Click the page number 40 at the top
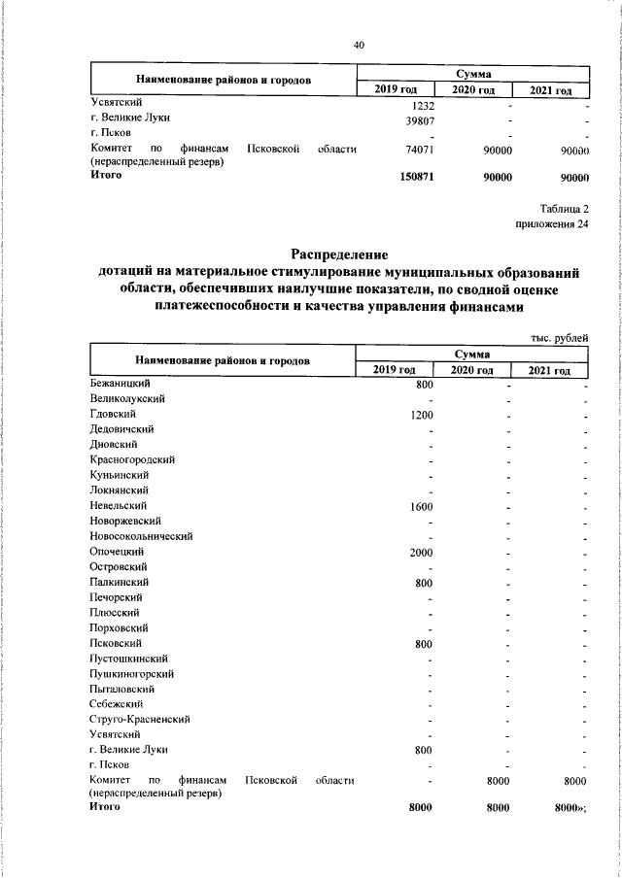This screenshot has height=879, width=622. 359,45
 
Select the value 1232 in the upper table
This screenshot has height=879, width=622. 422,104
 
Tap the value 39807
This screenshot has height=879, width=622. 419,119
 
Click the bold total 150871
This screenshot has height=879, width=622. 416,178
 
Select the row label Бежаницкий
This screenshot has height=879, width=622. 118,384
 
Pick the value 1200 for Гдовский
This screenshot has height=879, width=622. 421,415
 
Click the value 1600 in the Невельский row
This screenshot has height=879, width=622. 421,506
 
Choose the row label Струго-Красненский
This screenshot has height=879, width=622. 139,719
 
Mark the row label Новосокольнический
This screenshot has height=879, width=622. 141,536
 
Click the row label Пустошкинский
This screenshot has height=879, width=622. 127,658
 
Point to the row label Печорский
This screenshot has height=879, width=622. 116,597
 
